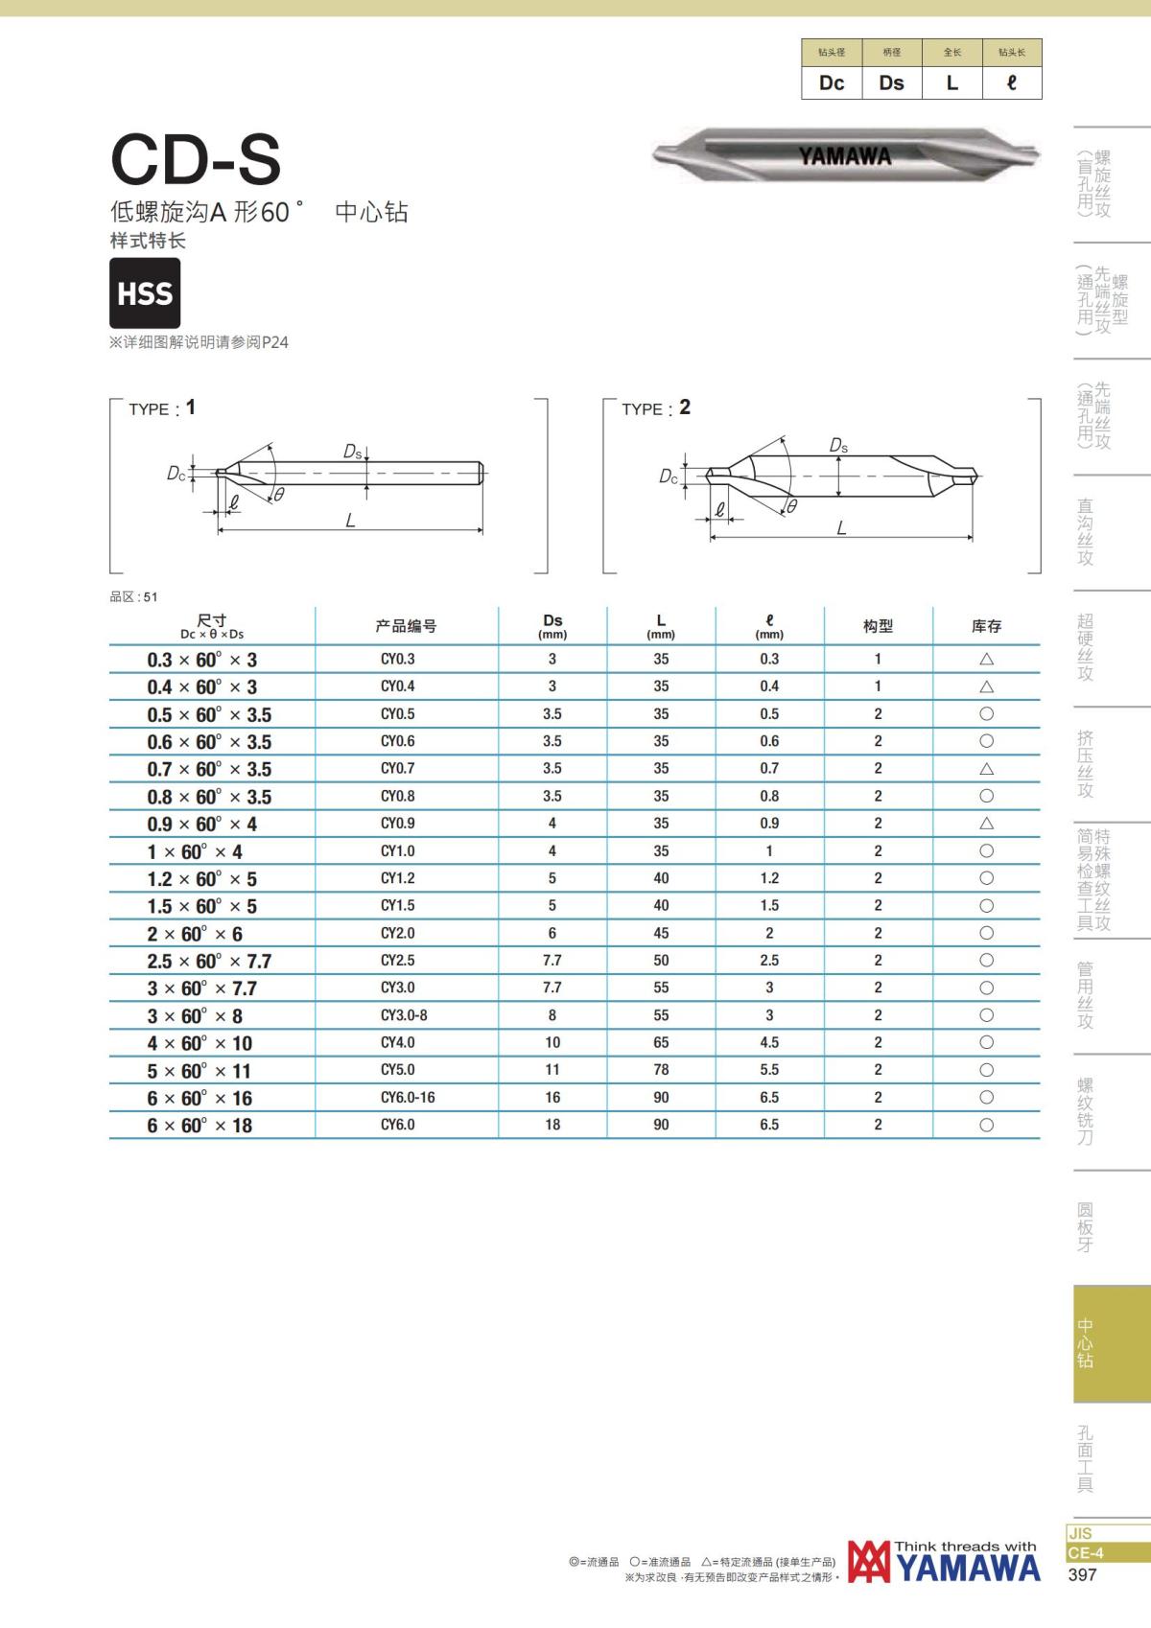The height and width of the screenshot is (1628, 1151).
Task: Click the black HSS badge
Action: click(145, 293)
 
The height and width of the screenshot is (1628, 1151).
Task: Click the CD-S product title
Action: click(196, 159)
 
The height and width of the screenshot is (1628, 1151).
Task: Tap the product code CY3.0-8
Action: click(404, 1015)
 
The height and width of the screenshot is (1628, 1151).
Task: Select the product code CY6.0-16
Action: click(408, 1098)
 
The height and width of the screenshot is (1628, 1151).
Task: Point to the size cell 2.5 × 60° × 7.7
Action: click(209, 961)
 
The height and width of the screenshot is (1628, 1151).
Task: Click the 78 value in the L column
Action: click(661, 1070)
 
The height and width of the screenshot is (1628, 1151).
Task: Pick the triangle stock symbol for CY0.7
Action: click(986, 769)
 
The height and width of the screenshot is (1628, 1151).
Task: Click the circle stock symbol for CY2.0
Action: click(986, 933)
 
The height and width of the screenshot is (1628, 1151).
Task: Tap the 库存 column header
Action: click(986, 626)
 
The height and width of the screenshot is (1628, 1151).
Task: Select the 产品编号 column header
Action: click(406, 626)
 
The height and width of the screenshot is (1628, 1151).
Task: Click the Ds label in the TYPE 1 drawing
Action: click(353, 452)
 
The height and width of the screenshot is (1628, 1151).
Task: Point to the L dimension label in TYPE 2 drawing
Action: click(841, 528)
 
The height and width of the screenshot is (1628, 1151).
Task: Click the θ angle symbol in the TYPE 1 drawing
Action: click(279, 495)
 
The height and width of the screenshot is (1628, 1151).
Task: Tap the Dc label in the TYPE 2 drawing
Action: click(669, 477)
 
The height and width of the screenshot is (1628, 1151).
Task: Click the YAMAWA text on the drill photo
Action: click(845, 156)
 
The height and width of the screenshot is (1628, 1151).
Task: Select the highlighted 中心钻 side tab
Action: click(1086, 1343)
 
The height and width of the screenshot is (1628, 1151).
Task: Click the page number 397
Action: click(1082, 1574)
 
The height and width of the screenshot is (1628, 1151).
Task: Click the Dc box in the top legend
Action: click(832, 83)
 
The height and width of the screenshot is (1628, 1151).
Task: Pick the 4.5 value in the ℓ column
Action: click(769, 1043)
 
